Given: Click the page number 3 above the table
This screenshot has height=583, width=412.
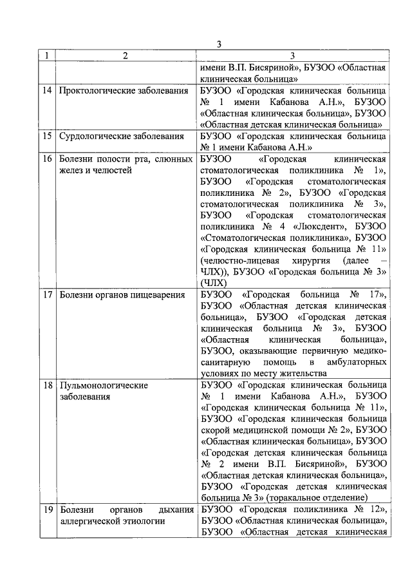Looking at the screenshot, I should (x=220, y=44).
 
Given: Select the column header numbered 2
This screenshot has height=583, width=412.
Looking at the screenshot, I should (x=125, y=56).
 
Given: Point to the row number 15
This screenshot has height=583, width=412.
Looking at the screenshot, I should (x=47, y=136).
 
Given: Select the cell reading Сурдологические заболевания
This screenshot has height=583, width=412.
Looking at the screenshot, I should (x=121, y=136).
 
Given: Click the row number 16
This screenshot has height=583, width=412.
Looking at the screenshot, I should (x=47, y=158).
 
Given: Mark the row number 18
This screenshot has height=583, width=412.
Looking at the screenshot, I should (x=47, y=385).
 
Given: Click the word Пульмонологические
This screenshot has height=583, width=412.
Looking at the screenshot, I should (x=104, y=385).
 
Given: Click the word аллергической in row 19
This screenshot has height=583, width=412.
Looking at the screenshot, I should (x=95, y=521).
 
